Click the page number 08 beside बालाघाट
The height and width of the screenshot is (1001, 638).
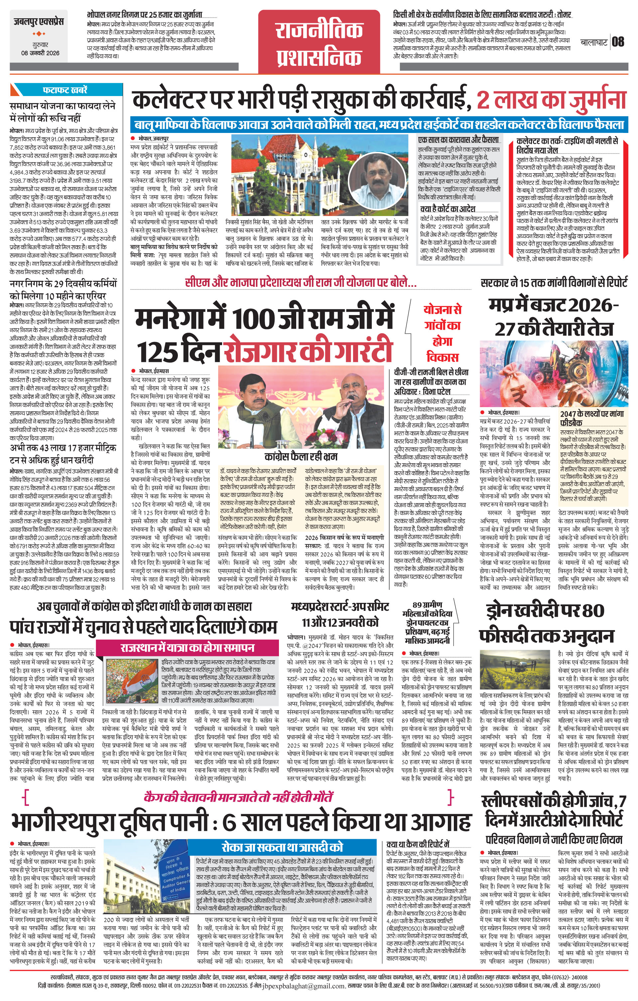618,42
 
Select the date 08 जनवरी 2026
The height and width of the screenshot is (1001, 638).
40,53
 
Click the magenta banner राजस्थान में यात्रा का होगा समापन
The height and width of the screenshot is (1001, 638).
188,648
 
